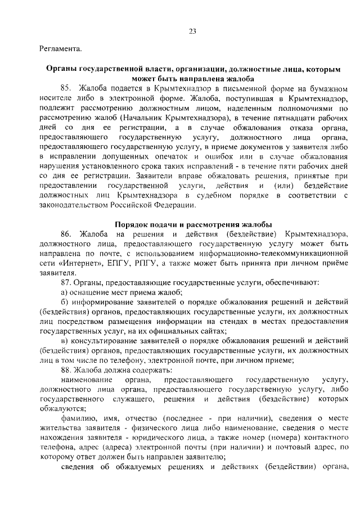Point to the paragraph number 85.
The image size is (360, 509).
65,88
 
